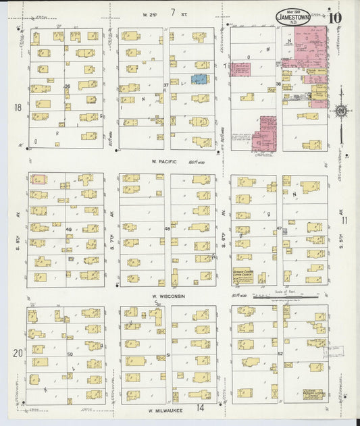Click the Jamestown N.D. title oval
(293, 18)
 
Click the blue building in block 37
(199, 80)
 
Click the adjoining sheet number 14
(200, 408)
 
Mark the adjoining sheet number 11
(344, 220)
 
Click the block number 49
(68, 230)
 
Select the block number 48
(167, 230)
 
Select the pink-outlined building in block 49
(38, 180)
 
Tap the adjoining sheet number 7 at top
(174, 11)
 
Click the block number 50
(69, 354)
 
